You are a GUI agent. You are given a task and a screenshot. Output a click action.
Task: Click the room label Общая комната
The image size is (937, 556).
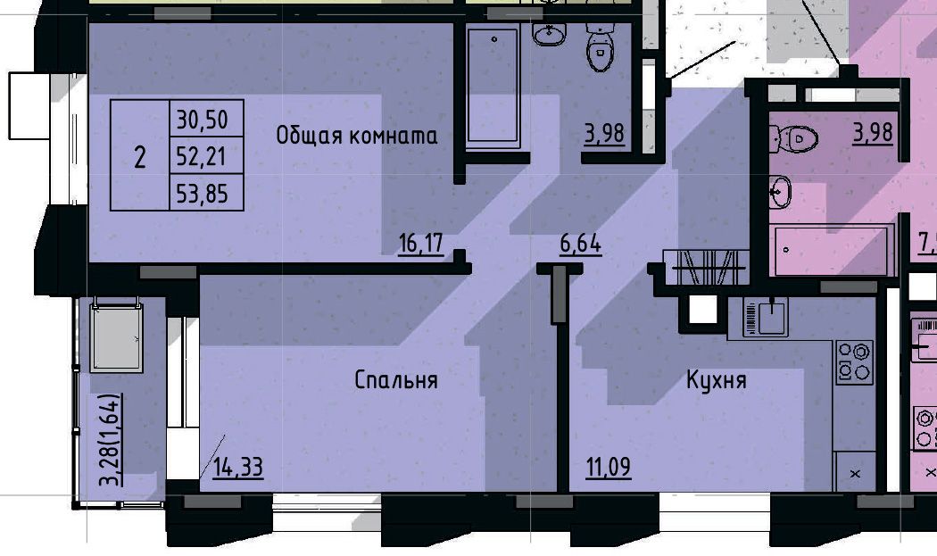pos(357,135)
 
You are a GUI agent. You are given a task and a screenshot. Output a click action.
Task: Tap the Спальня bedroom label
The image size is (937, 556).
pos(396,380)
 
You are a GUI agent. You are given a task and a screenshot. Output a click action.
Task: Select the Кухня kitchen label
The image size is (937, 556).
pos(717,379)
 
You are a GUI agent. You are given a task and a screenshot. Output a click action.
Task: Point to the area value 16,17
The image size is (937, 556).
pos(421,244)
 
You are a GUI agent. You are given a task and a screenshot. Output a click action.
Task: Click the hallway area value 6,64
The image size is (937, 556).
pos(580,244)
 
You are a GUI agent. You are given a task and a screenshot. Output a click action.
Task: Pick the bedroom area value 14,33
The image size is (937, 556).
pos(238,468)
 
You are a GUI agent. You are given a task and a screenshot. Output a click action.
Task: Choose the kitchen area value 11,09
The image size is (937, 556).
pos(609,467)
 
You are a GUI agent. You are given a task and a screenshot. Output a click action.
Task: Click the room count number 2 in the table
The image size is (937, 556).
pos(140,158)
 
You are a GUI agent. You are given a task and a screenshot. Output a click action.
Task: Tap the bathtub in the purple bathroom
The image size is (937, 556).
pos(493,86)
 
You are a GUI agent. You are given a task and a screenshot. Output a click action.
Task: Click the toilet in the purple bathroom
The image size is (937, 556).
pos(599,46)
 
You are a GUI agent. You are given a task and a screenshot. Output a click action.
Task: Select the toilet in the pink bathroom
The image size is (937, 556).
pos(794,138)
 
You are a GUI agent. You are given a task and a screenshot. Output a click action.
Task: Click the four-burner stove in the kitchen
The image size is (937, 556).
pos(854,361)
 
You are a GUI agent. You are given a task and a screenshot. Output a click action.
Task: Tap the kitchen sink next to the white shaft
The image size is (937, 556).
pos(767,318)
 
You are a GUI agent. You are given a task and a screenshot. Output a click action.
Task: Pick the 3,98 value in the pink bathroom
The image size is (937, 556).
pos(873,133)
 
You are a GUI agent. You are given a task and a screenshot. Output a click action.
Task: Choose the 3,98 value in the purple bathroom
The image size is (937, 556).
pos(605,134)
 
